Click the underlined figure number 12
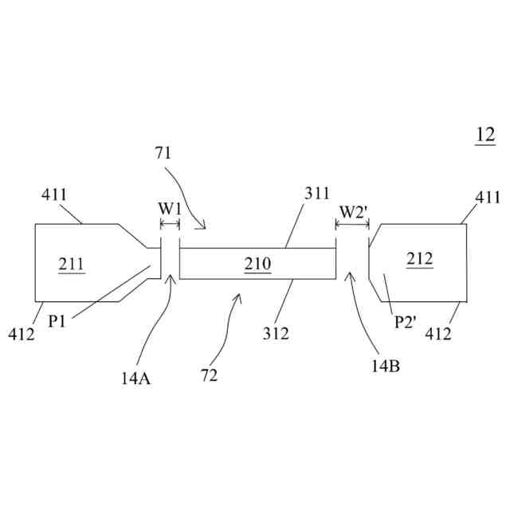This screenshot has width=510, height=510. pos(485,135)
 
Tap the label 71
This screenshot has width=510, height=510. pos(163,153)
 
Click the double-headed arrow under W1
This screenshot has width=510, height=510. pos(170,226)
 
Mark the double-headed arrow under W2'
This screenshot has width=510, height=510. pos(352,226)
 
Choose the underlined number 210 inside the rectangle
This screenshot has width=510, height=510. pos(258,263)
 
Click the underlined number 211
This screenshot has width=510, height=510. pos(71,263)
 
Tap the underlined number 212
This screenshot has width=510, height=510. pos(418,258)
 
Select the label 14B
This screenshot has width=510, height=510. pos(385,367)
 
